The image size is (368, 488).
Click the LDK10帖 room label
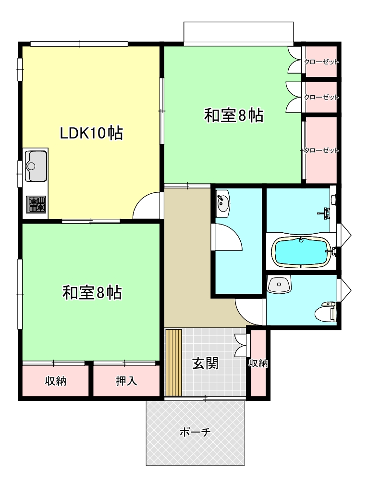[91, 133]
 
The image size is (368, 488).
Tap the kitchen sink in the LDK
[36, 166]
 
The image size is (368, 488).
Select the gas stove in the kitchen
[36, 204]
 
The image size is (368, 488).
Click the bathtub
[300, 251]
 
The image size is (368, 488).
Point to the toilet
[325, 312]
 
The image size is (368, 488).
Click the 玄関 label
[205, 363]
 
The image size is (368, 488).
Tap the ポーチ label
[196, 432]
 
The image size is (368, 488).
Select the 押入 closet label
[126, 381]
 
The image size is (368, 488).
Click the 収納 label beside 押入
[56, 381]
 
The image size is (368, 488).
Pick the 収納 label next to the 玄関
[258, 363]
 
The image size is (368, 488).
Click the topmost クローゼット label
[321, 62]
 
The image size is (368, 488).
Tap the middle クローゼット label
[321, 97]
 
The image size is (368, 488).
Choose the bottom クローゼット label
[321, 150]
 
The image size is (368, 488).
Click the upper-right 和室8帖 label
[233, 115]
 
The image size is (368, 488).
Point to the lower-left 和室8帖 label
[92, 292]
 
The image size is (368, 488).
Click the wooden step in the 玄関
[173, 362]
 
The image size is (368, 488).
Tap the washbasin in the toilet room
[279, 285]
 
